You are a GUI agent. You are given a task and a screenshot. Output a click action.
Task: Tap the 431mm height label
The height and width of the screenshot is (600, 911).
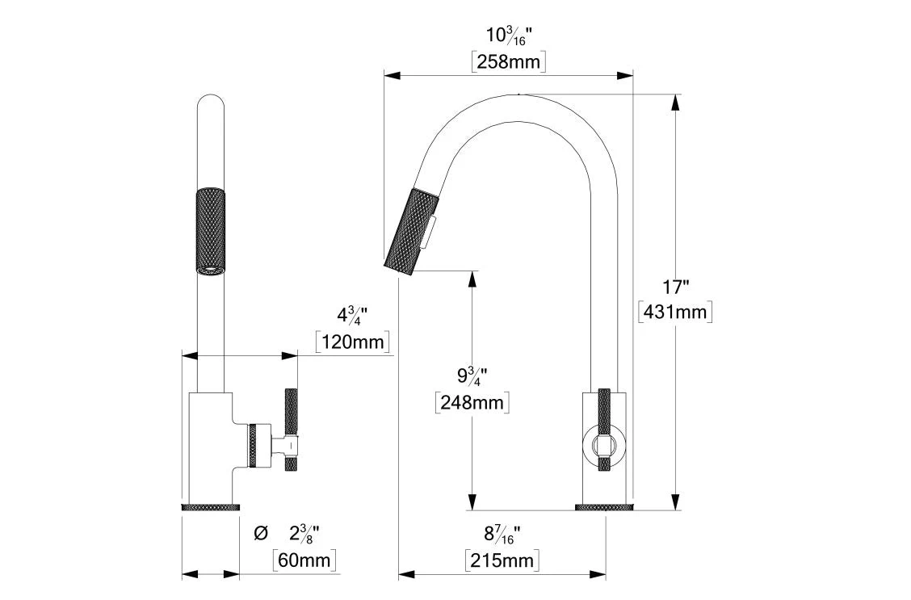tap(674, 311)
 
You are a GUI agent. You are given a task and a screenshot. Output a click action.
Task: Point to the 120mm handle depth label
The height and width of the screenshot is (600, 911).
tap(353, 342)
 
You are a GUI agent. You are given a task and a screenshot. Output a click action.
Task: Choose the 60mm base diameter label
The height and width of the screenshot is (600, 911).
tap(304, 559)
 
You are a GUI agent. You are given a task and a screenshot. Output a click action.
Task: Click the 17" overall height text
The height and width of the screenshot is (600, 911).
tap(674, 287)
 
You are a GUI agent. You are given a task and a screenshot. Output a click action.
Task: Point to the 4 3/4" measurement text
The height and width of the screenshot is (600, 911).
tap(353, 315)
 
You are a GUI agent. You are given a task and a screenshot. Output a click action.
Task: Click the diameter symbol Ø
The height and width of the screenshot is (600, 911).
tap(260, 533)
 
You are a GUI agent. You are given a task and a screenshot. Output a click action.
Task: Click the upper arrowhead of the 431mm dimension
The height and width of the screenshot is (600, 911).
tap(675, 101)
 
